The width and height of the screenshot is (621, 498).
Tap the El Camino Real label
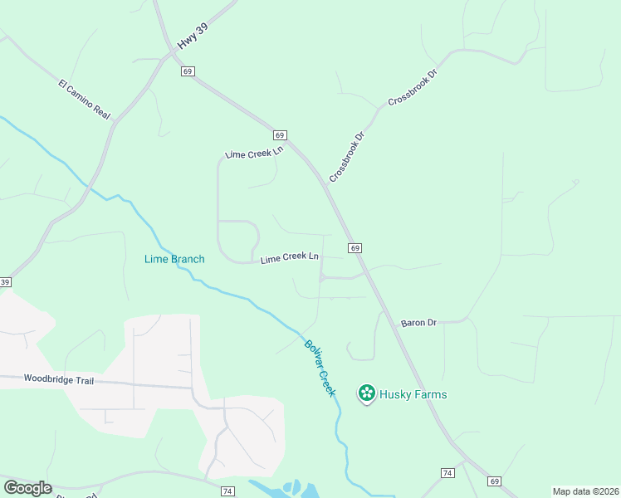click(x=85, y=99)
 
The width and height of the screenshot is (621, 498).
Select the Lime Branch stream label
click(x=174, y=259)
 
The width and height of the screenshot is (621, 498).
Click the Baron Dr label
click(x=418, y=322)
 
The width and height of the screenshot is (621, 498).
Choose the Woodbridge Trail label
click(x=59, y=379)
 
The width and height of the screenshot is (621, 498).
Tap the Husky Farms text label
click(x=413, y=394)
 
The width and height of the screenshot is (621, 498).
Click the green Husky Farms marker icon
click(x=366, y=393)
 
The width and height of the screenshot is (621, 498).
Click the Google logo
click(x=27, y=488)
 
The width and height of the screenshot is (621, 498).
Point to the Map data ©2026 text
click(x=584, y=491)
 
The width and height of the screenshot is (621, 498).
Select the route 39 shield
click(x=4, y=283)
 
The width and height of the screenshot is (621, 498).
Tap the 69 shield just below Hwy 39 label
click(x=188, y=72)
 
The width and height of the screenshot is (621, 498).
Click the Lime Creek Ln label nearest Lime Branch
click(x=290, y=258)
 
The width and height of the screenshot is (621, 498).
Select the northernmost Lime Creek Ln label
click(x=255, y=153)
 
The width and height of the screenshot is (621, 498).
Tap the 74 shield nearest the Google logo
click(x=227, y=491)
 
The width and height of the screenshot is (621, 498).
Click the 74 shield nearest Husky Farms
click(x=447, y=472)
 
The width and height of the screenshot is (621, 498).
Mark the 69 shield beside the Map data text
click(x=495, y=481)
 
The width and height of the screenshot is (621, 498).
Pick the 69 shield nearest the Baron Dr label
click(x=355, y=248)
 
